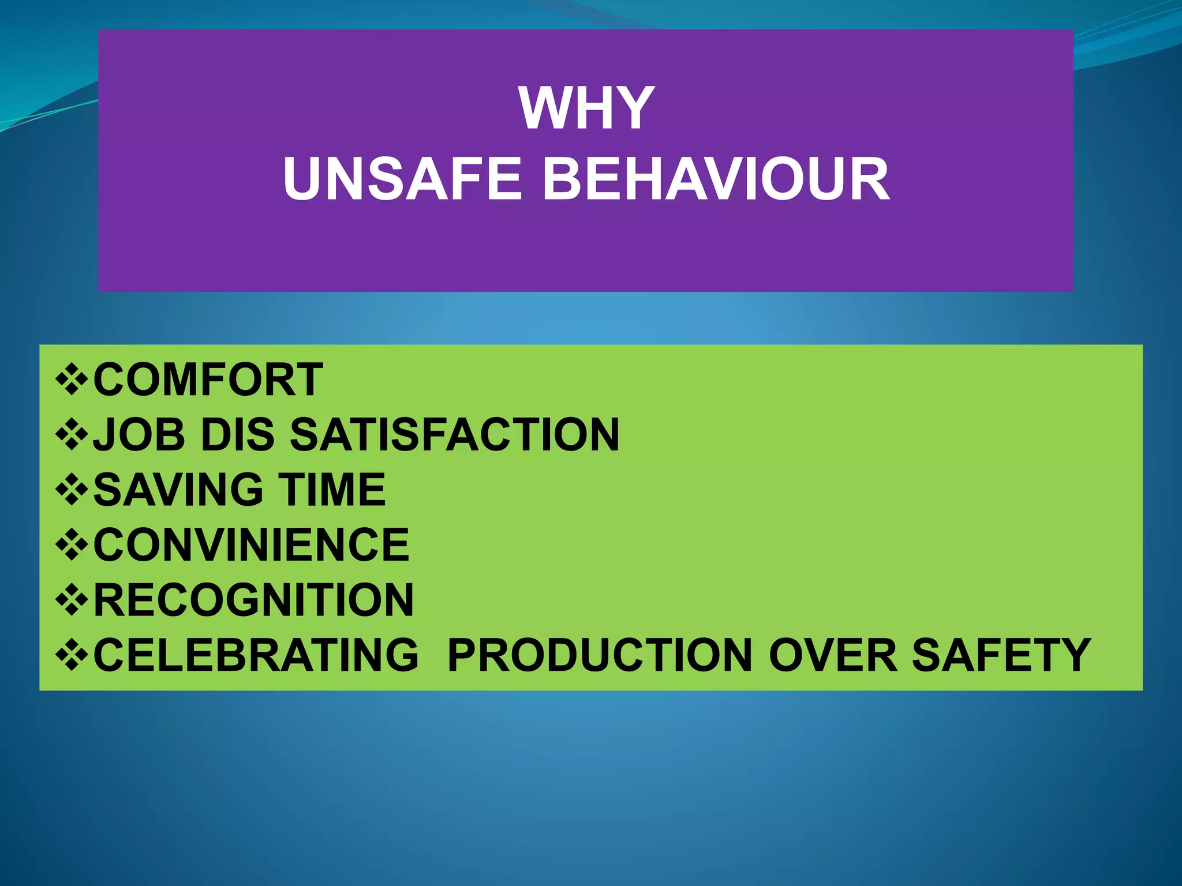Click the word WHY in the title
point(586,108)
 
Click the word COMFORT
point(208,380)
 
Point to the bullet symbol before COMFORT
point(72,380)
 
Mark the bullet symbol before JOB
point(72,434)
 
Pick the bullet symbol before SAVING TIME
point(72,490)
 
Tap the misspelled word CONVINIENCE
point(251,545)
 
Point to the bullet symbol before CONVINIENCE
point(72,545)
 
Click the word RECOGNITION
point(253,600)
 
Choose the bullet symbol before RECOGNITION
point(72,600)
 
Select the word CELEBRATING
point(256,655)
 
